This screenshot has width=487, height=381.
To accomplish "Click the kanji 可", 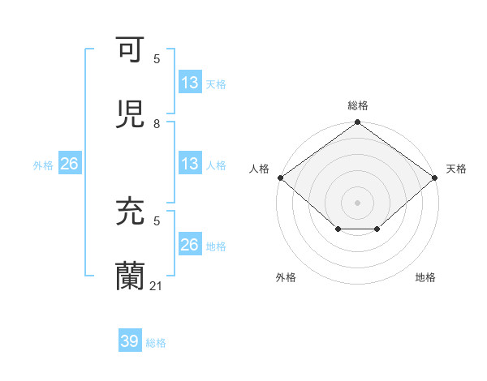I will [130, 50].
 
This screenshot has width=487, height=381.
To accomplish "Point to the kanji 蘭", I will [130, 276].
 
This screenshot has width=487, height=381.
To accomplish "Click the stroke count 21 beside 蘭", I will [157, 285].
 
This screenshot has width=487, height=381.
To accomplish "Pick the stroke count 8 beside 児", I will [157, 123].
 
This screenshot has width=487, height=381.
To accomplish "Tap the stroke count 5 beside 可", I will [157, 58].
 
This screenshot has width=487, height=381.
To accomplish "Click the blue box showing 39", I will [130, 341].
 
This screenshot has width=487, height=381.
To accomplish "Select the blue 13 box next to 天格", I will [190, 82].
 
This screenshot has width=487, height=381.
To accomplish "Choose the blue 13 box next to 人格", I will [190, 164].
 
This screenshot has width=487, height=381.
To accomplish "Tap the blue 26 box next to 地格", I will [190, 245].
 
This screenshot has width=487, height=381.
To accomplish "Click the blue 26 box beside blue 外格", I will [69, 164].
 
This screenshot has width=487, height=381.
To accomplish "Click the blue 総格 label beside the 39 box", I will [156, 343].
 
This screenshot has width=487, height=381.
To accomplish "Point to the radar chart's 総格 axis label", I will [358, 105].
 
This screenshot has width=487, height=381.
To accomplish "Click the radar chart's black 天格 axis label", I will [456, 169].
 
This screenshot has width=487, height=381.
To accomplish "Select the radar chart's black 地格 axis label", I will [425, 277].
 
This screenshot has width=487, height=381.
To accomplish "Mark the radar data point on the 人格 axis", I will [280, 178].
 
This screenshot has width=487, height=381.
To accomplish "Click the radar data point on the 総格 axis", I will [358, 123].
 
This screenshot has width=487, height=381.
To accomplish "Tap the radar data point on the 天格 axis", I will [435, 178].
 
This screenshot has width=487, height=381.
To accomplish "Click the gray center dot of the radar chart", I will [358, 202].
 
